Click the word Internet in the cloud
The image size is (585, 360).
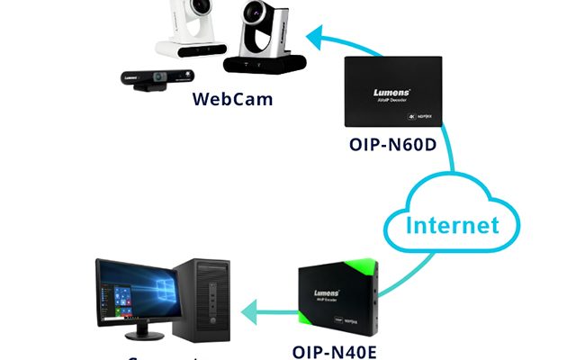point(452,224)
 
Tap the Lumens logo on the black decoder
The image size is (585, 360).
point(393,92)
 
